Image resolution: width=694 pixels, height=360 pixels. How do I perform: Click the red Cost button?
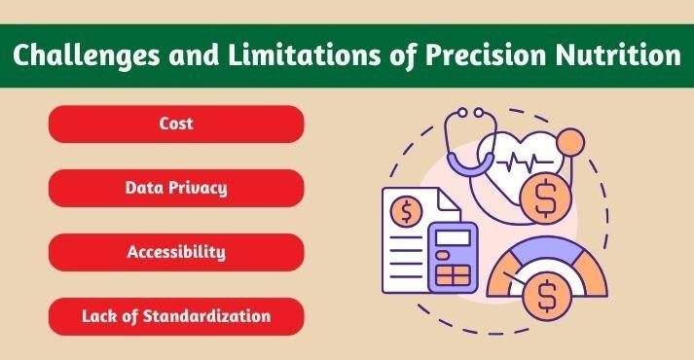176,125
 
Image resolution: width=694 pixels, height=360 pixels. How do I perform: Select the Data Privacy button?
176,188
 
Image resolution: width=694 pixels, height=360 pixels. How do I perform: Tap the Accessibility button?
176,252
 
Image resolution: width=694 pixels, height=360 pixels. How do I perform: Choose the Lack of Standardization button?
176,316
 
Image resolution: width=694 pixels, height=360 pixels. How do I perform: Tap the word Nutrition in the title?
624,55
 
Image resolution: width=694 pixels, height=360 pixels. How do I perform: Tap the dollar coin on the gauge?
546,293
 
